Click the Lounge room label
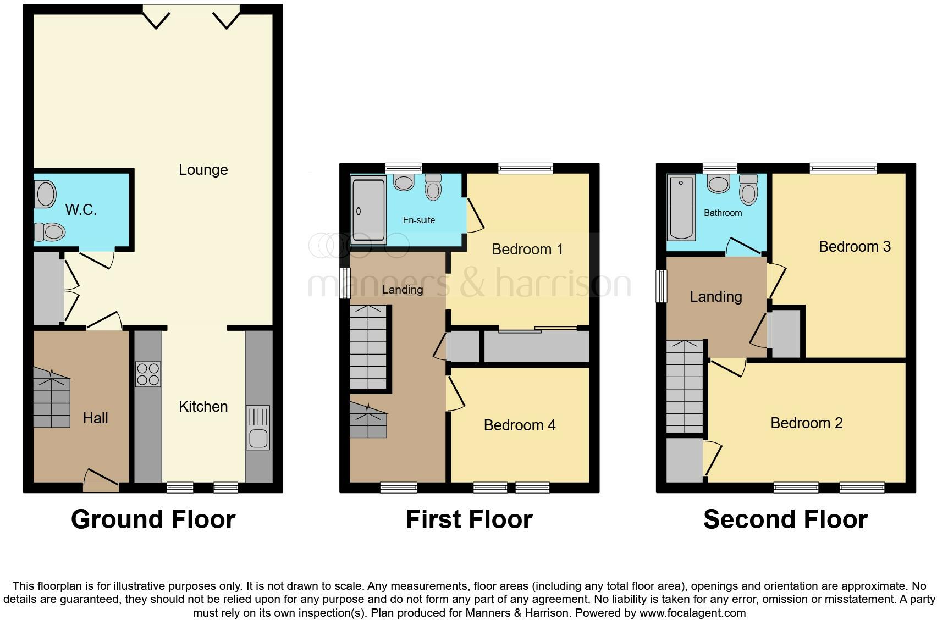(203, 169)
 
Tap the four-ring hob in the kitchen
(148, 374)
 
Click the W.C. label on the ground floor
(81, 209)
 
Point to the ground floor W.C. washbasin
(45, 194)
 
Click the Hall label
(95, 418)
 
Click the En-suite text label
(418, 220)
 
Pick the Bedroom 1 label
(527, 249)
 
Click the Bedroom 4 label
(519, 425)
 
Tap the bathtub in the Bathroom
(681, 208)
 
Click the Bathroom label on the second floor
(723, 213)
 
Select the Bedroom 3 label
(854, 246)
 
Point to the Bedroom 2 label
(806, 423)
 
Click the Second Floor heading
(785, 519)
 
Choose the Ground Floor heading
(153, 519)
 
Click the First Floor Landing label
(402, 289)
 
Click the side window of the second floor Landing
(662, 286)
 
